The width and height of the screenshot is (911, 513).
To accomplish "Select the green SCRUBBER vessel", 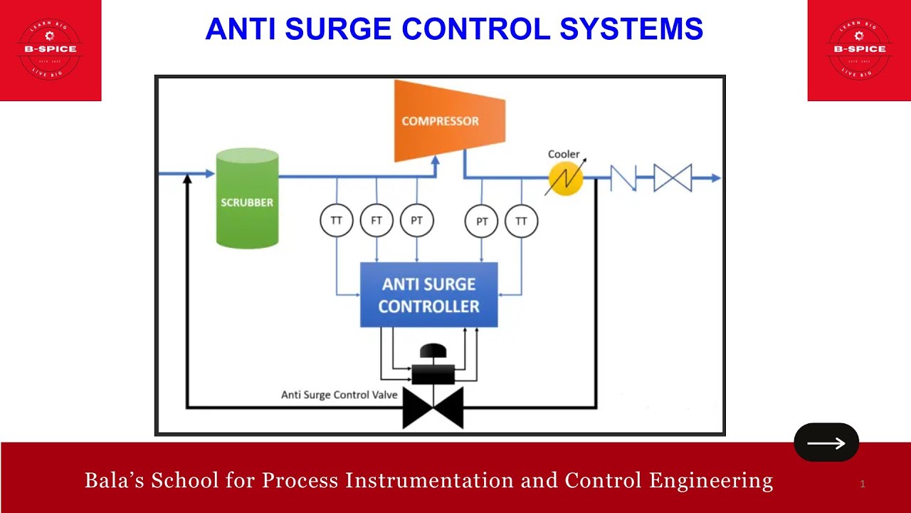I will [x=246, y=199].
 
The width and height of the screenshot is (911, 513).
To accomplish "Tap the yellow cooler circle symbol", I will [x=565, y=178].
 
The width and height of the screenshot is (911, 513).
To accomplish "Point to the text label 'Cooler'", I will [x=563, y=154].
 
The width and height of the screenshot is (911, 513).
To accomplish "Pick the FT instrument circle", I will [x=376, y=221].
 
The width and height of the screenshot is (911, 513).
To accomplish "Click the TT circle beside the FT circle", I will [x=337, y=221].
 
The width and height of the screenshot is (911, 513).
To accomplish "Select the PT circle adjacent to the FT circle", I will [x=416, y=221].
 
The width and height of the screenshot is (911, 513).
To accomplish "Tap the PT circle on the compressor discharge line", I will [x=482, y=222].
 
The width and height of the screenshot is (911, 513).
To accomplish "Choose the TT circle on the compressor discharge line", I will [x=521, y=222].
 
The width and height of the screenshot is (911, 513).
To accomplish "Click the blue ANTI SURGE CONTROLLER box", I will [x=428, y=295].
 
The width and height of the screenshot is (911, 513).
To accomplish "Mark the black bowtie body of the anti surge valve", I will [x=433, y=408].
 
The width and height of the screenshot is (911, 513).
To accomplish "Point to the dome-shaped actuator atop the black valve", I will [x=433, y=351].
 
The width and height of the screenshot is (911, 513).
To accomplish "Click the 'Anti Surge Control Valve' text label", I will [x=339, y=395].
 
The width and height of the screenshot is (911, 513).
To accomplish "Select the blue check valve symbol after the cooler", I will [x=623, y=178].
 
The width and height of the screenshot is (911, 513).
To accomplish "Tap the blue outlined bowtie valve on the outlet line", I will [x=673, y=178].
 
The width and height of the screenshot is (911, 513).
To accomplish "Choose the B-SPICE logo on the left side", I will [x=51, y=49].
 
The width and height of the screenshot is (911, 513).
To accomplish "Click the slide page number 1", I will [x=863, y=484].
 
